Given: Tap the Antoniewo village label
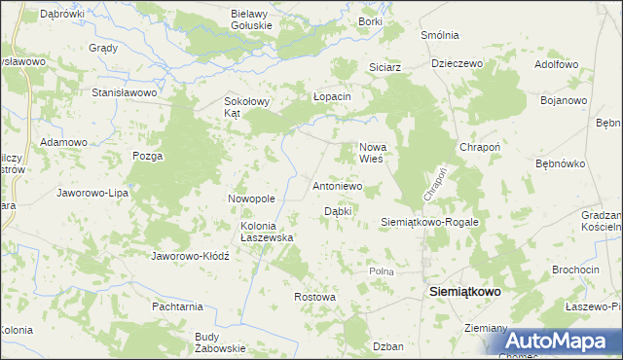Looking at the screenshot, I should pos(338,185).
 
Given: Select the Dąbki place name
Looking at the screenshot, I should pos(337,210).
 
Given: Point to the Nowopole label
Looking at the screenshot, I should pos(252,198).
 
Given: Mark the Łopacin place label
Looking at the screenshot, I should pos(331,97).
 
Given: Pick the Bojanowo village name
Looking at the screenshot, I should pos(563,100).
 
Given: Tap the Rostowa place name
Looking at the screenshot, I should pos(314,296).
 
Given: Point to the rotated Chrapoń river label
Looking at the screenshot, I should pos(434,183).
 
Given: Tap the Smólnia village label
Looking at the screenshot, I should pos(439,35).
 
